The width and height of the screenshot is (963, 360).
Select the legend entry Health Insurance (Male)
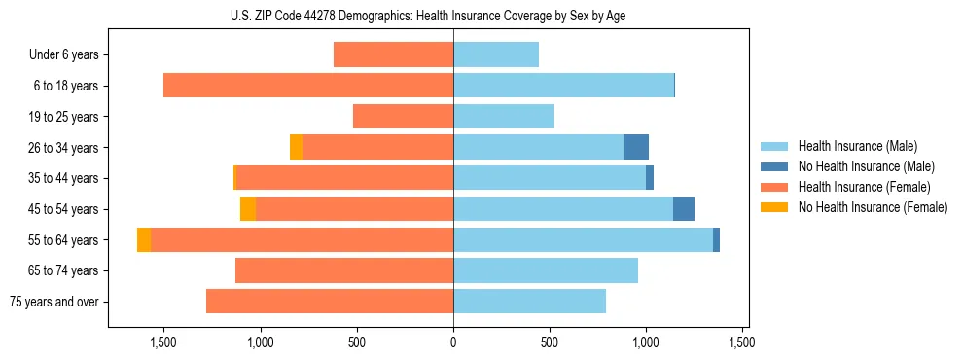[857, 146]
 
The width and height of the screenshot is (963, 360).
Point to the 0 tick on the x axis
[453, 342]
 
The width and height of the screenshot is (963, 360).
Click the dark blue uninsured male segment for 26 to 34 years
[636, 147]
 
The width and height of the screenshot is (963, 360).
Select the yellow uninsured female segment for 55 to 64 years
[144, 240]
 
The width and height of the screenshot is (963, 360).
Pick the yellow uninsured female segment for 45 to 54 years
[248, 209]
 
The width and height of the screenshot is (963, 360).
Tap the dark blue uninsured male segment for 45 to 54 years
[684, 209]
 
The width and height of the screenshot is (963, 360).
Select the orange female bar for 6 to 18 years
[308, 86]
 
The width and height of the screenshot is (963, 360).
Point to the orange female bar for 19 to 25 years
[403, 117]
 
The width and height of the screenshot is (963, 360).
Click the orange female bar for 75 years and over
[330, 302]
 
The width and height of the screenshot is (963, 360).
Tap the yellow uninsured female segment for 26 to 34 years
[296, 147]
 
